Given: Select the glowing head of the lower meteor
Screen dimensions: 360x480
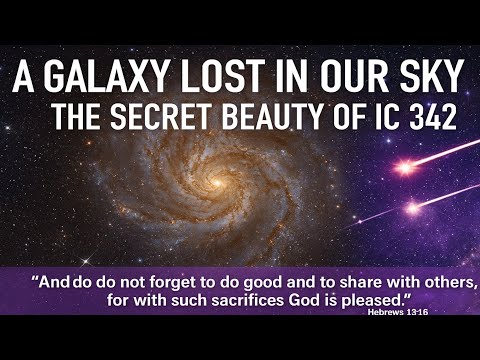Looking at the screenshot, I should coord(411,209).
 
